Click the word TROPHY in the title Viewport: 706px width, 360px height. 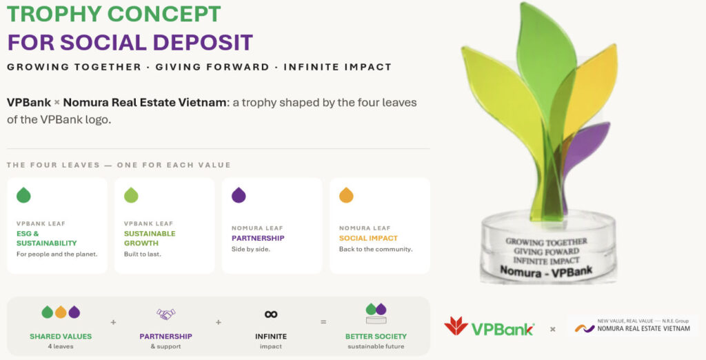[x=54, y=14]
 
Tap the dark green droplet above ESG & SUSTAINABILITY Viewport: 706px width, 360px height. [x=23, y=195]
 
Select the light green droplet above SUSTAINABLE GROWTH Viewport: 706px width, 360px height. [x=131, y=195]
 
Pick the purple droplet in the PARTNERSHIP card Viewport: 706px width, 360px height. [x=239, y=195]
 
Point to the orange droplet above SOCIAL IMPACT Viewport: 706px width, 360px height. [x=346, y=195]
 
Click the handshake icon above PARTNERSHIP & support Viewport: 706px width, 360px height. [x=165, y=314]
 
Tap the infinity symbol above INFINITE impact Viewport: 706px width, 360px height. [x=271, y=314]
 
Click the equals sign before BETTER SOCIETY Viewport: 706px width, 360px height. [x=323, y=321]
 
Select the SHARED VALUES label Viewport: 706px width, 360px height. [x=61, y=336]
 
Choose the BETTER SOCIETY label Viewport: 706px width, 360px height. [x=376, y=336]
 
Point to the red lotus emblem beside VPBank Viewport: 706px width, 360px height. [x=456, y=326]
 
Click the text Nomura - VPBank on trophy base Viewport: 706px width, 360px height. [x=546, y=271]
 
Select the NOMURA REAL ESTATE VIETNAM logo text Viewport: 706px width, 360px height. [x=643, y=328]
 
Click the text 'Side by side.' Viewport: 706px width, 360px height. [x=251, y=249]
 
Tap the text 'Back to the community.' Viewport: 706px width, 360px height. [x=376, y=249]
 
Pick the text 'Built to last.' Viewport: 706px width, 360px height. [x=142, y=254]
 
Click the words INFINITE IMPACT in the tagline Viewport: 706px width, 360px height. [x=338, y=67]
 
